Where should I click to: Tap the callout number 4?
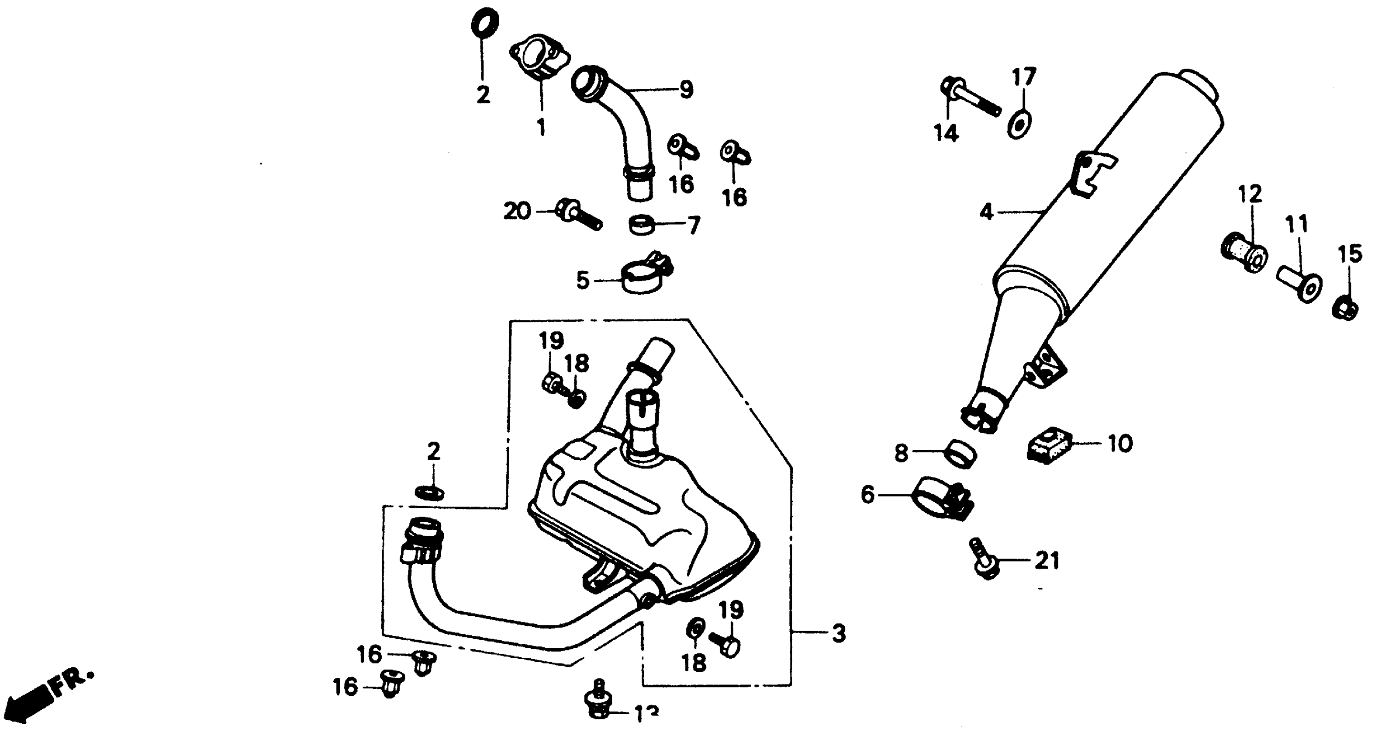point(986,212)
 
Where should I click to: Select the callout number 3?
point(839,633)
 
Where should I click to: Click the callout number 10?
point(1119,443)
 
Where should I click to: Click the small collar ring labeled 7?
point(642,225)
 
